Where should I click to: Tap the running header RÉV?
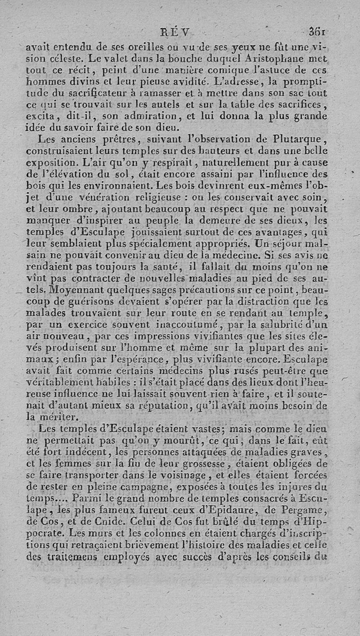point(176,32)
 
